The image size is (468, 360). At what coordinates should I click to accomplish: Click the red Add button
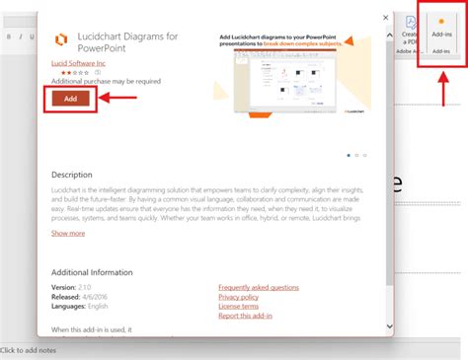pos(70,98)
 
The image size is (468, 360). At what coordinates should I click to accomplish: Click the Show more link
pos(68,234)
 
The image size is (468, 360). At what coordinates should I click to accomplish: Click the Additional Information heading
pos(92,272)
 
